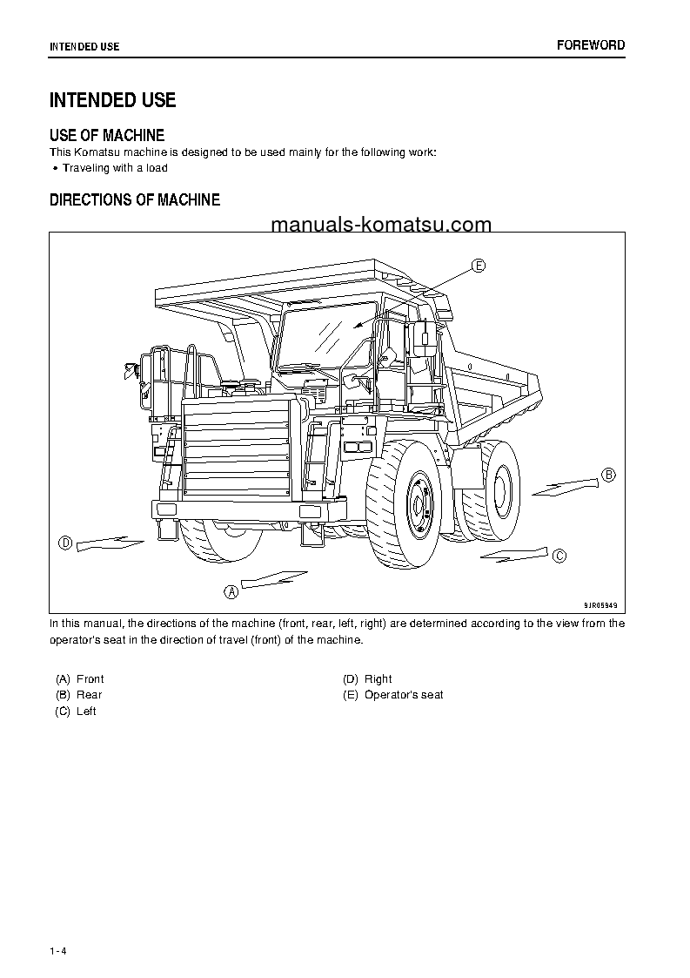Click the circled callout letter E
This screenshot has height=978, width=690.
click(x=479, y=266)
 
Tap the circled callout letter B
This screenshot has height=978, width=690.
click(x=609, y=475)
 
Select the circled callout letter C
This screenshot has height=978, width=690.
click(x=559, y=556)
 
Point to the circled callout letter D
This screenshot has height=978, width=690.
click(x=64, y=543)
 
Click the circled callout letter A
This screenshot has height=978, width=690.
click(x=231, y=592)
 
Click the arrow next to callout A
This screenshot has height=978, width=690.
click(x=273, y=579)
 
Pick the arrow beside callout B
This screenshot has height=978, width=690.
click(x=566, y=486)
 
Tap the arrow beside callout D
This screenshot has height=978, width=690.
click(x=110, y=543)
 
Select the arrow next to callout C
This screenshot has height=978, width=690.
click(x=513, y=553)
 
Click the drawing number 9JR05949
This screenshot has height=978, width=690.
click(x=600, y=604)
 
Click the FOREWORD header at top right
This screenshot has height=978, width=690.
click(x=591, y=45)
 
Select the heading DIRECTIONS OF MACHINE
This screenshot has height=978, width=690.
click(x=135, y=200)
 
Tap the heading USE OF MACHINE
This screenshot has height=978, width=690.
click(x=107, y=135)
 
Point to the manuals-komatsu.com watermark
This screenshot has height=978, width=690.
click(x=381, y=225)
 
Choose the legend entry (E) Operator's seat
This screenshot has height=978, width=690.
click(x=393, y=695)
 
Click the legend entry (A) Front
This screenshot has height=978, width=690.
click(x=79, y=678)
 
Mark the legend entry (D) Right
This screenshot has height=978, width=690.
click(x=367, y=678)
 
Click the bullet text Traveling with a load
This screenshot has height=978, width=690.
click(x=115, y=168)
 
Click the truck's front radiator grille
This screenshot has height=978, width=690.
click(x=237, y=453)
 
